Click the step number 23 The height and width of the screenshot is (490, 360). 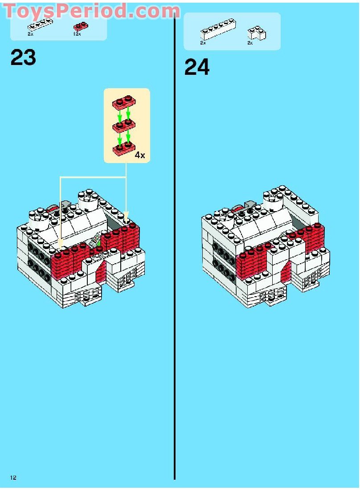point(23,57)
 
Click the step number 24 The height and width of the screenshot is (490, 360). point(196,68)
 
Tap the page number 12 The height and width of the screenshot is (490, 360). point(13,478)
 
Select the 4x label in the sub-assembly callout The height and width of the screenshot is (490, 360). point(139,155)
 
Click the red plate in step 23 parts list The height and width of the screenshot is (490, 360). point(80,27)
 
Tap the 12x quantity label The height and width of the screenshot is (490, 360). point(77,34)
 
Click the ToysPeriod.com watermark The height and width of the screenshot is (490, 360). point(91,11)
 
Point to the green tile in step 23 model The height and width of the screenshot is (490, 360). point(95,242)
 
